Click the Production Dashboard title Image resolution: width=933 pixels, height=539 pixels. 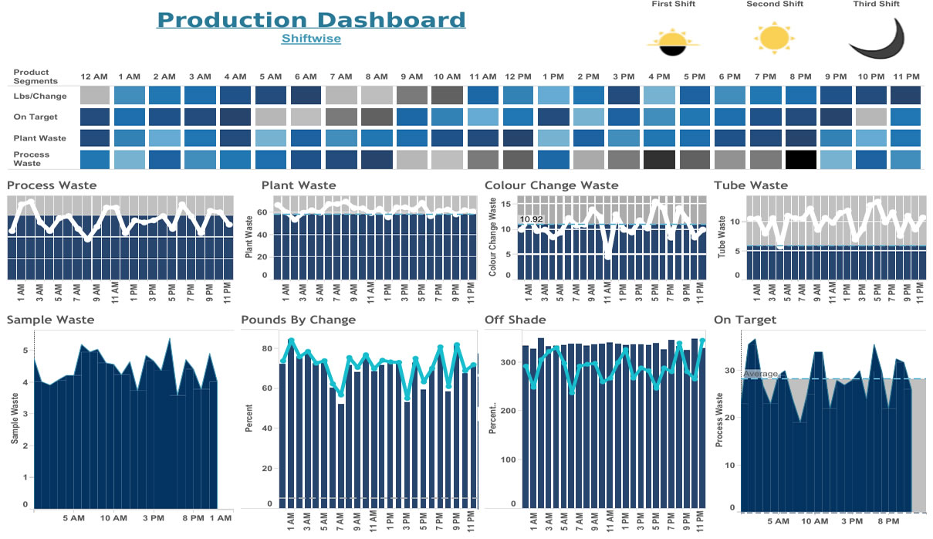click(x=311, y=20)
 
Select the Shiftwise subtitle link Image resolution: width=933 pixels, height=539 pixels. click(x=311, y=38)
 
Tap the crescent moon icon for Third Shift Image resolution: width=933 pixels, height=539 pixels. click(x=877, y=39)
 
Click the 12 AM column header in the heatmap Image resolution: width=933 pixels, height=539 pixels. click(x=94, y=76)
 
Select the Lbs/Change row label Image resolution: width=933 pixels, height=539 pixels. click(x=39, y=97)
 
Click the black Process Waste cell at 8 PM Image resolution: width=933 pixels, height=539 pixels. click(x=800, y=159)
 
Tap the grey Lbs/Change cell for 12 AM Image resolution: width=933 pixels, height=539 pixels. click(x=94, y=96)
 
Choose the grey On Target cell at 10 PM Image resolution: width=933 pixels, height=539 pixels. click(x=870, y=117)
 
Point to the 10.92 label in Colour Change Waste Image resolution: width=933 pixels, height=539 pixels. click(x=531, y=219)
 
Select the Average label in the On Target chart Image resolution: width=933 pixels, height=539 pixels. click(x=760, y=374)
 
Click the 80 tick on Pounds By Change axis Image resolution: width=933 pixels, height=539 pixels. click(x=268, y=348)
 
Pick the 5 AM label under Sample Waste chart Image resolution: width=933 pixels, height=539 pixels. click(x=73, y=518)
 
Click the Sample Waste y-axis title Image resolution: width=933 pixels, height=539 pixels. click(x=15, y=418)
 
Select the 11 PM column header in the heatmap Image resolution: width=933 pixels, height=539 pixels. click(x=905, y=76)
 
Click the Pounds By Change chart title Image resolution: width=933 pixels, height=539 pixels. click(x=298, y=320)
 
